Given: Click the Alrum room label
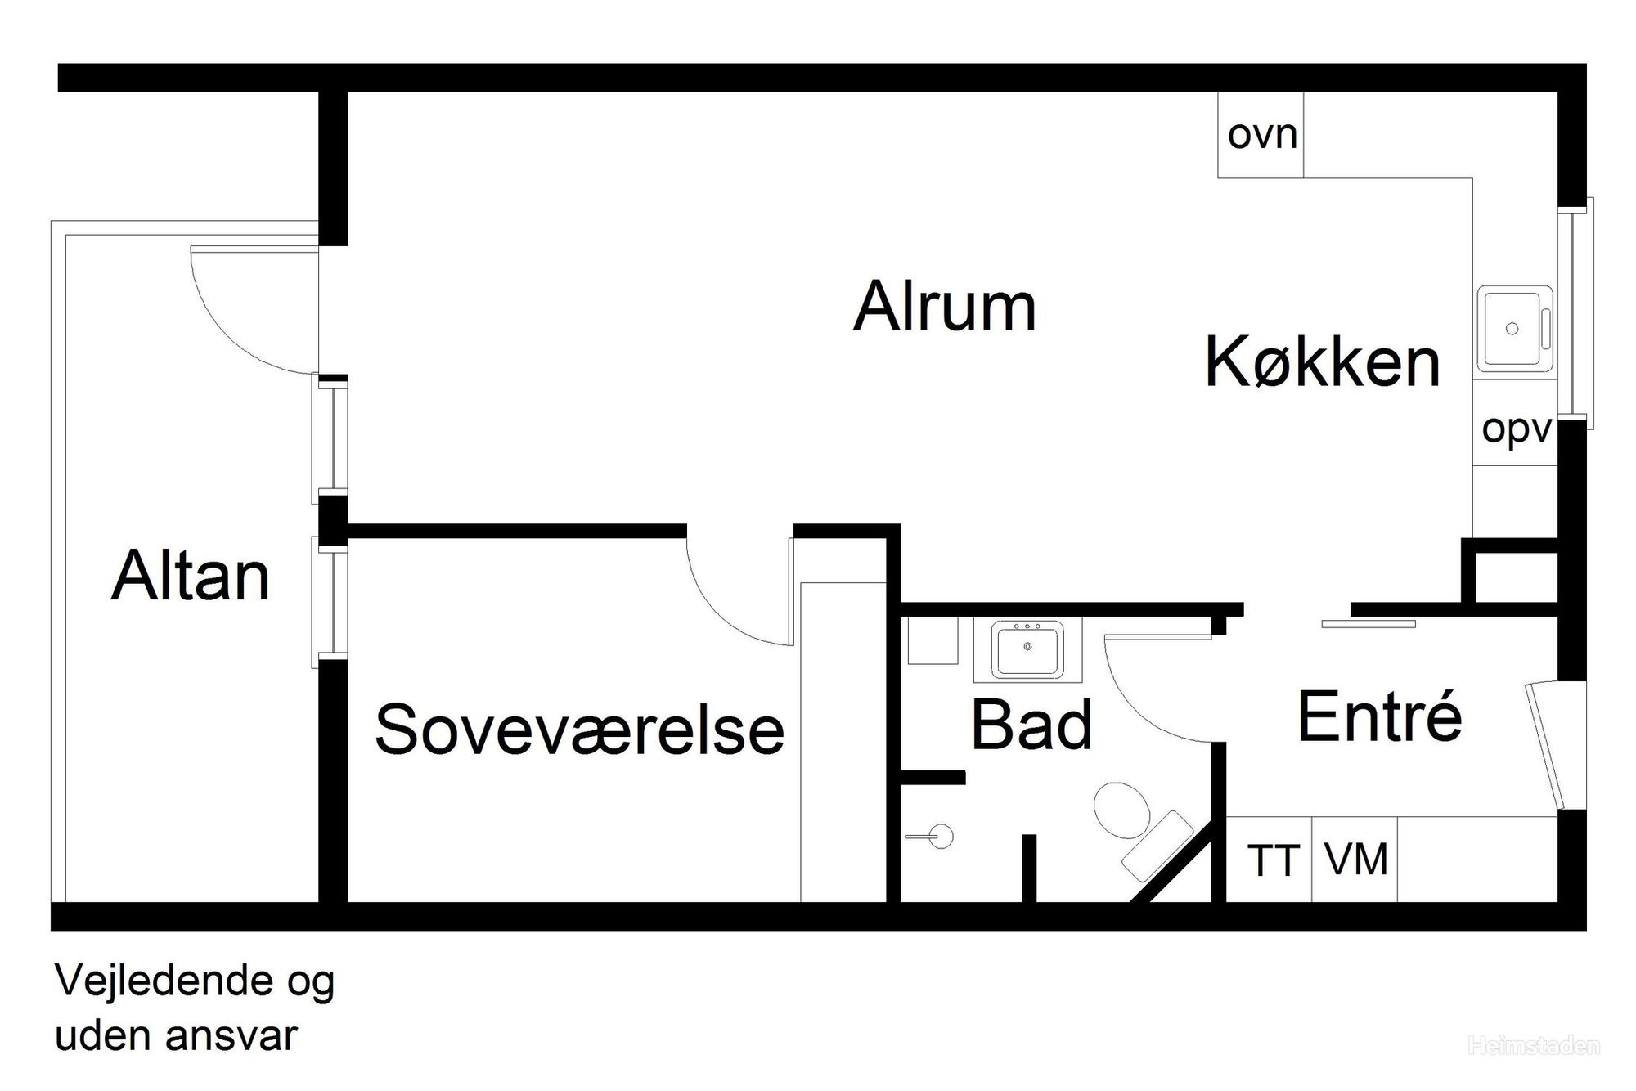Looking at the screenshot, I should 945,307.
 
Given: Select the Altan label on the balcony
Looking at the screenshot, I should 190,577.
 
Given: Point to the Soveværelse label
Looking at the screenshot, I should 579,729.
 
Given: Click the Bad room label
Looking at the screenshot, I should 1031,725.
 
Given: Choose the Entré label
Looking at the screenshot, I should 1379,717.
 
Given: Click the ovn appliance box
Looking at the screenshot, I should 1261,135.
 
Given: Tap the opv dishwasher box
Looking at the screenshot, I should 1516,429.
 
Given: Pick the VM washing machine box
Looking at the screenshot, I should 1355,860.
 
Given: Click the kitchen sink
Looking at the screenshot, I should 1513,328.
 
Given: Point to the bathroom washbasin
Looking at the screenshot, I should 1027,650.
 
